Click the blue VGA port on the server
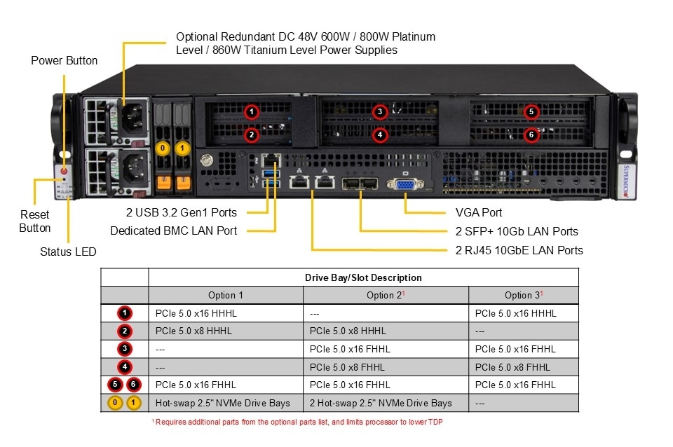click(406, 185)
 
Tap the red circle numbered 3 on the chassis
click(379, 112)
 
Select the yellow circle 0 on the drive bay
click(163, 148)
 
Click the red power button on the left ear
click(64, 170)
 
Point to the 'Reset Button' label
click(34, 221)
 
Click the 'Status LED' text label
click(68, 252)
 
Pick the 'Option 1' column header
click(226, 295)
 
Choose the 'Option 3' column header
click(523, 295)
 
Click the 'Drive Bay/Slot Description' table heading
click(363, 277)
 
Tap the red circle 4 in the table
click(124, 366)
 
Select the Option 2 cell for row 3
click(349, 349)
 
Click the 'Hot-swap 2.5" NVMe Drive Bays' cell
click(223, 403)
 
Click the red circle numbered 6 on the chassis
click(531, 135)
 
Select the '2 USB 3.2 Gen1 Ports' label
click(181, 212)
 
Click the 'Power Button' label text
click(64, 61)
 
